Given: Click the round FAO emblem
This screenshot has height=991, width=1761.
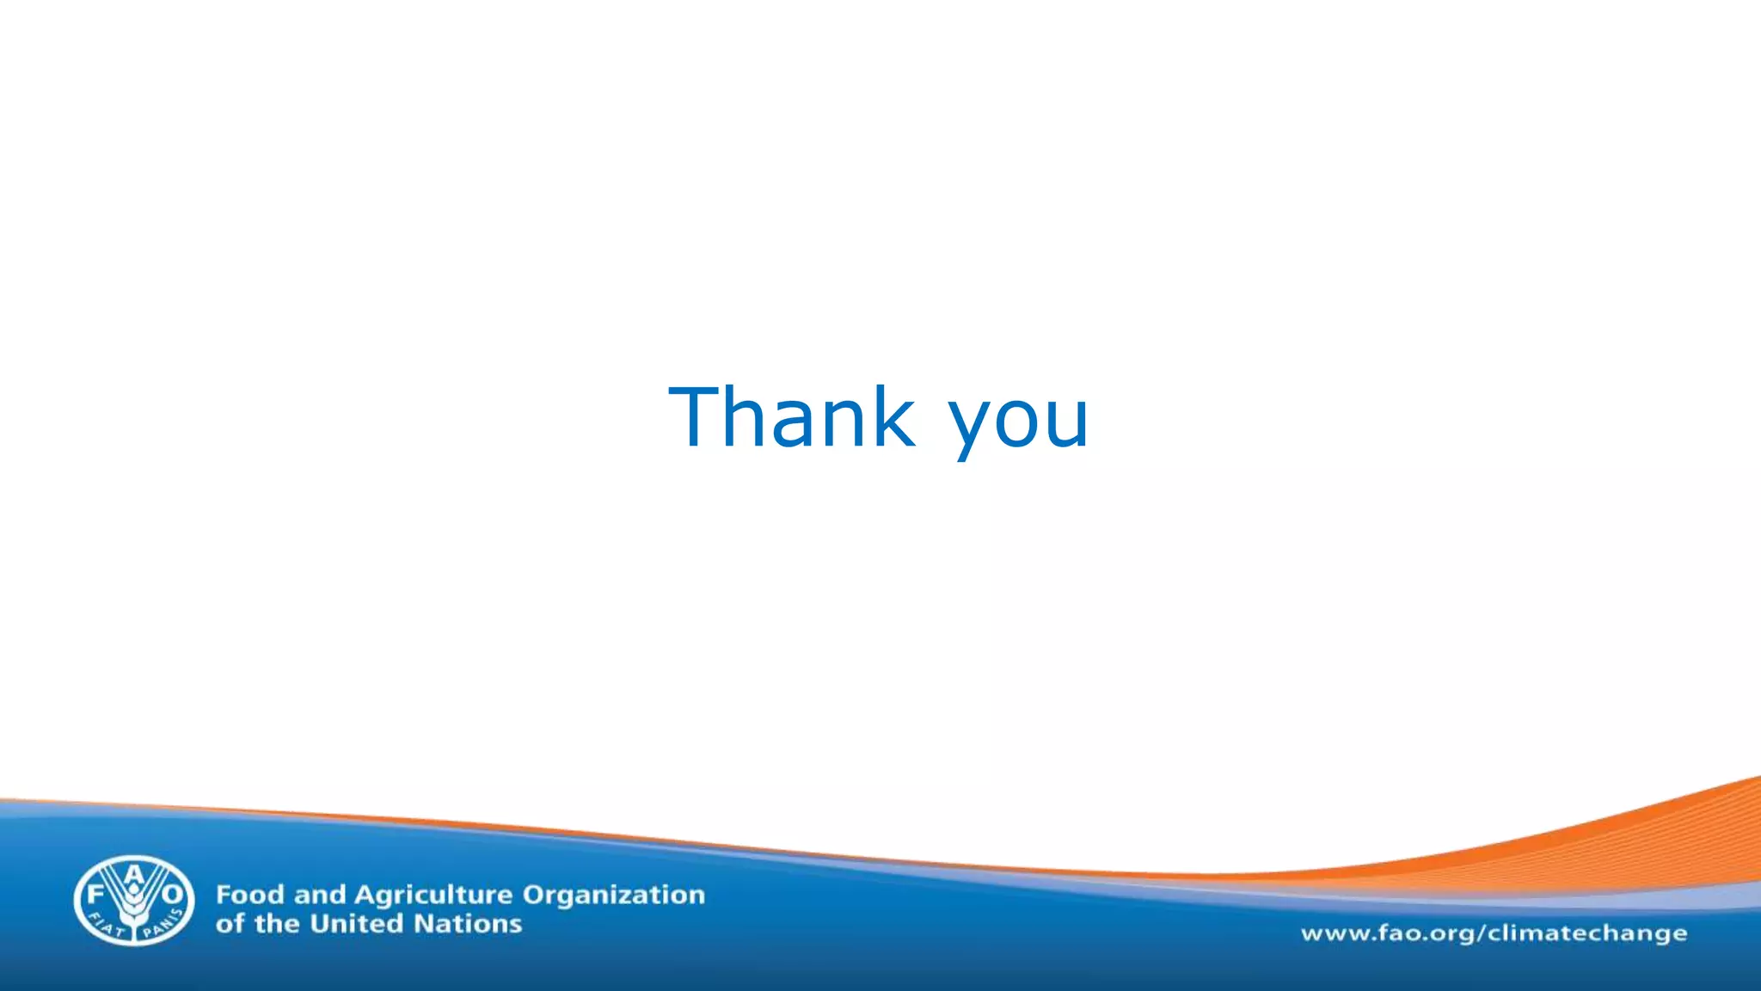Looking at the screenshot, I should click(133, 900).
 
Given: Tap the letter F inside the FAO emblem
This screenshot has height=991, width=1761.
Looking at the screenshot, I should click(95, 894).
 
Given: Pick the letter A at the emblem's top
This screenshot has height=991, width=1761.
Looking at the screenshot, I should click(134, 874).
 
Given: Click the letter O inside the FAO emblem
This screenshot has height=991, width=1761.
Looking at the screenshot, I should click(172, 895).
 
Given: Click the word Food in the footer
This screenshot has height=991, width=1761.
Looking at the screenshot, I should click(249, 895).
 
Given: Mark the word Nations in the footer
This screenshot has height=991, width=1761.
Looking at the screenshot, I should click(468, 924).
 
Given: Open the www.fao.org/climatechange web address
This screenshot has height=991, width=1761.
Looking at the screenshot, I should click(1494, 933).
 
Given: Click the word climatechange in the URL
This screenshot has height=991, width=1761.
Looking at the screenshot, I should click(1587, 933).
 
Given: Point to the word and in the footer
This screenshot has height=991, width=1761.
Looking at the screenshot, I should click(319, 895).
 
